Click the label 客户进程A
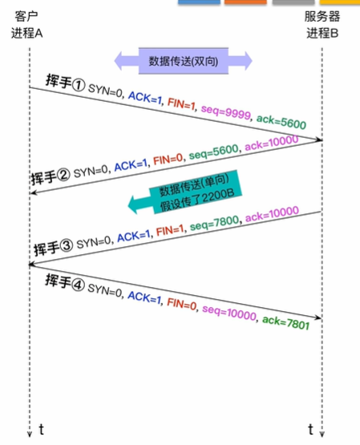pyautogui.click(x=27, y=25)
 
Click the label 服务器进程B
pyautogui.click(x=322, y=25)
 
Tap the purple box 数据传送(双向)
pyautogui.click(x=184, y=61)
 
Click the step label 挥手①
pyautogui.click(x=65, y=83)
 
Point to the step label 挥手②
pyautogui.click(x=51, y=176)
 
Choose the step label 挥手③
pyautogui.click(x=54, y=247)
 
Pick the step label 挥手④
pyautogui.click(x=65, y=282)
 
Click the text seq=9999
pyautogui.click(x=226, y=113)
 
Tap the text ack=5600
pyautogui.click(x=281, y=122)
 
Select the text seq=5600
pyautogui.click(x=213, y=152)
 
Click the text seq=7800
pyautogui.click(x=214, y=223)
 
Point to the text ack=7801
pyautogui.click(x=285, y=322)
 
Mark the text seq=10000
pyautogui.click(x=229, y=313)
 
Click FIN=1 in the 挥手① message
pyautogui.click(x=181, y=103)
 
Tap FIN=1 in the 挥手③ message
pyautogui.click(x=170, y=230)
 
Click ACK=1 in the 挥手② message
pyautogui.click(x=131, y=165)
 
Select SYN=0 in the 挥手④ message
pyautogui.click(x=105, y=289)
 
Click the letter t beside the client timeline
pyautogui.click(x=42, y=430)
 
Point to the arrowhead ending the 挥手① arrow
pyautogui.click(x=319, y=140)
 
